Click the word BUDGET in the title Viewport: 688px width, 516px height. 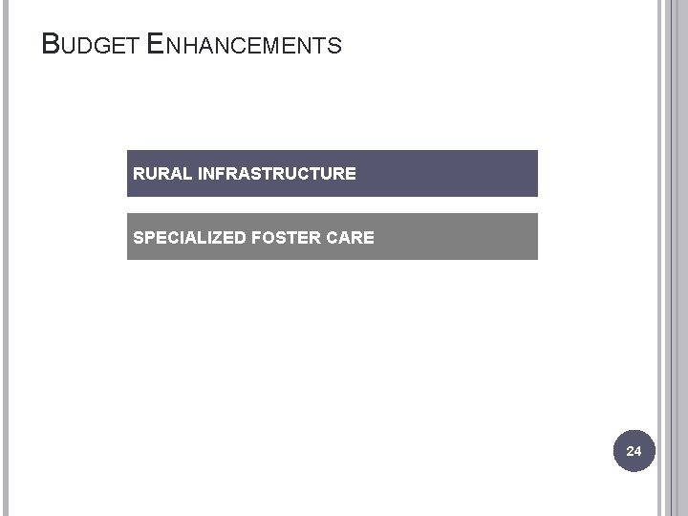(94, 45)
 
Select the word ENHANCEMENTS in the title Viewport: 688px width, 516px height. (246, 45)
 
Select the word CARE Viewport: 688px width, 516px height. (352, 237)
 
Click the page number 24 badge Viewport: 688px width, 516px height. (634, 449)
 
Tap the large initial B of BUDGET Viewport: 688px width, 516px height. (52, 44)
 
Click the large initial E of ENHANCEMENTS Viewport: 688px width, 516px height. (158, 44)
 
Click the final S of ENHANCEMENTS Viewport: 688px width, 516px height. (334, 46)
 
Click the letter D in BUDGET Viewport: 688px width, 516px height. (89, 46)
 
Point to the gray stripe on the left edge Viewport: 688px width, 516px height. (4, 258)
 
